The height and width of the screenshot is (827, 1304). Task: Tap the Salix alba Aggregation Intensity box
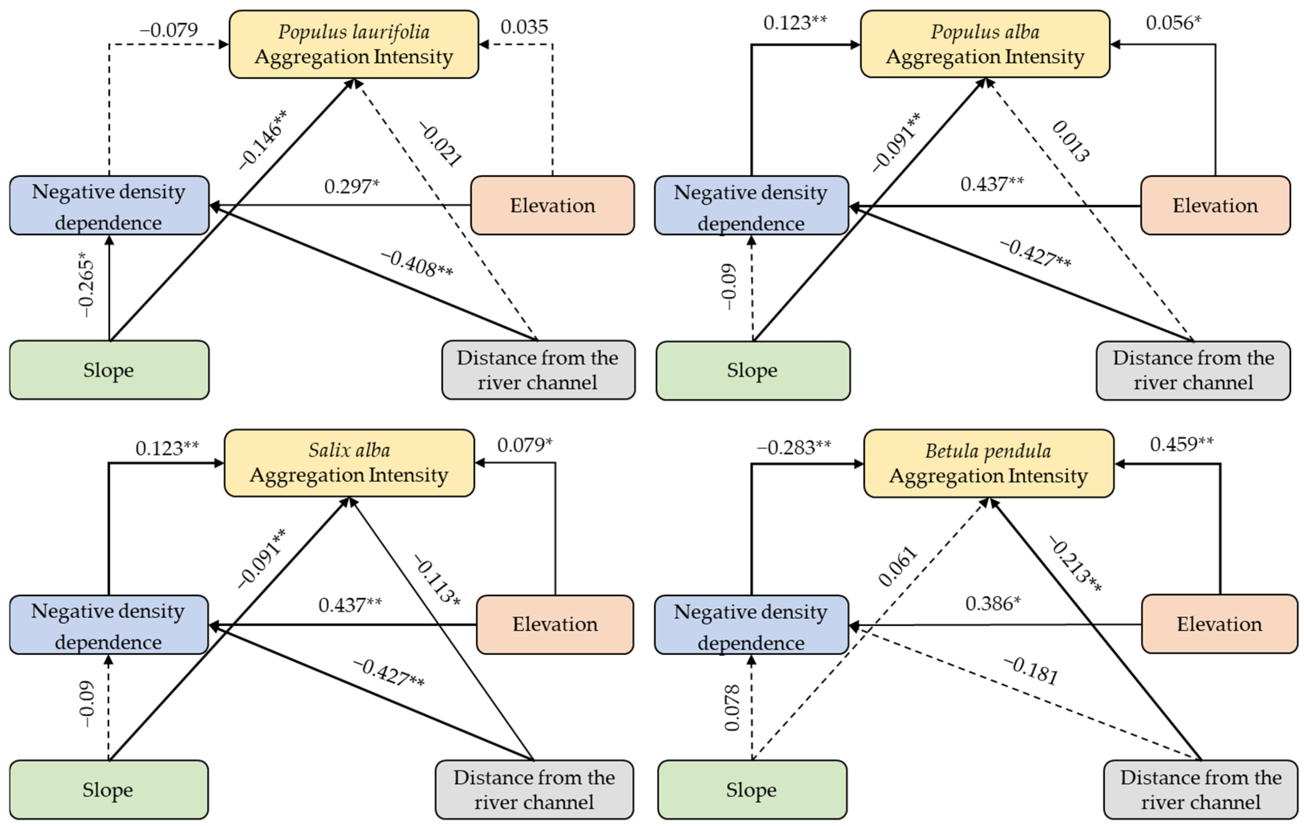349,463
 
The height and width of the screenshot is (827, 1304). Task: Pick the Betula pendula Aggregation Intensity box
989,464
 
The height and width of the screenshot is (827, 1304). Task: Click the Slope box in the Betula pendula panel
752,790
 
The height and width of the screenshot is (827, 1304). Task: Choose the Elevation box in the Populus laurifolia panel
552,205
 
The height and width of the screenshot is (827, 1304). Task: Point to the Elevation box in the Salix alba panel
555,624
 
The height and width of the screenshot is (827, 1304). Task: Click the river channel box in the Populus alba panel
1194,371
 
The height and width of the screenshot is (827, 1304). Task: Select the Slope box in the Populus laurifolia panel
109,370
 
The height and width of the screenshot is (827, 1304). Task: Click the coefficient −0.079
169,30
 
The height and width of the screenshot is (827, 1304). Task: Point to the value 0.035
524,26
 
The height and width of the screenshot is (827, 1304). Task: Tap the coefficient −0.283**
793,447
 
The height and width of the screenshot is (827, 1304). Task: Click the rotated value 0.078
732,707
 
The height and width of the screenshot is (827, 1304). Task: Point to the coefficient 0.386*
993,603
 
